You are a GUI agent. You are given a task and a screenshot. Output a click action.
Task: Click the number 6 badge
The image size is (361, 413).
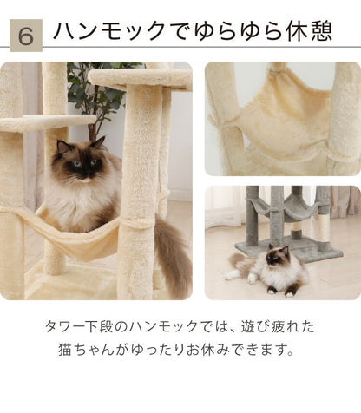click(x=26, y=34)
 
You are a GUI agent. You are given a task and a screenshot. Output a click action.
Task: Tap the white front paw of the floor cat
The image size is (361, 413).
click(x=232, y=275)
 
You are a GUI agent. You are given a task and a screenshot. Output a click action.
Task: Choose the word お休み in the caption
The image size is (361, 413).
click(x=215, y=352)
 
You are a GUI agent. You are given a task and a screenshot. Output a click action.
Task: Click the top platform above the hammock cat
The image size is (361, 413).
click(x=139, y=78)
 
